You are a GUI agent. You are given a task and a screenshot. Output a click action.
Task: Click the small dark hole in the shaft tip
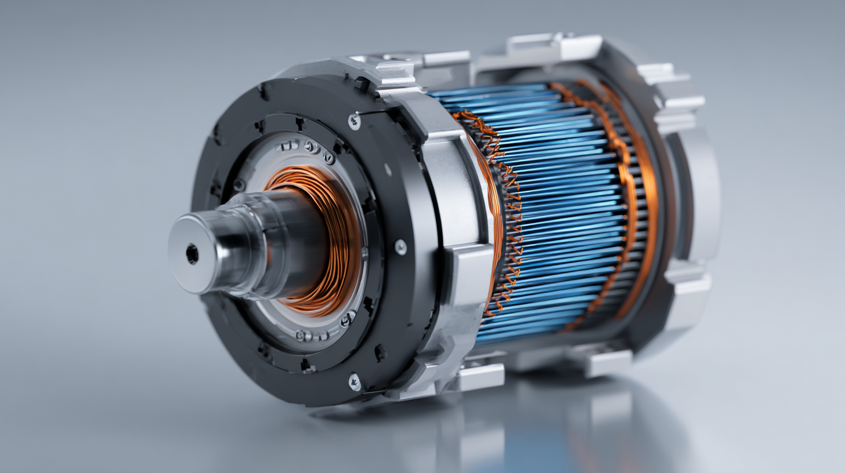click(192, 254)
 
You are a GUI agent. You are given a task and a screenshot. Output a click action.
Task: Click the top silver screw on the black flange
click(354, 121)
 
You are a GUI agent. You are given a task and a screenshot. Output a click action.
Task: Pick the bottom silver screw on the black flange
click(353, 381)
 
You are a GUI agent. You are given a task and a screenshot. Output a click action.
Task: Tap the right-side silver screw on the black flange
click(400, 246)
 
